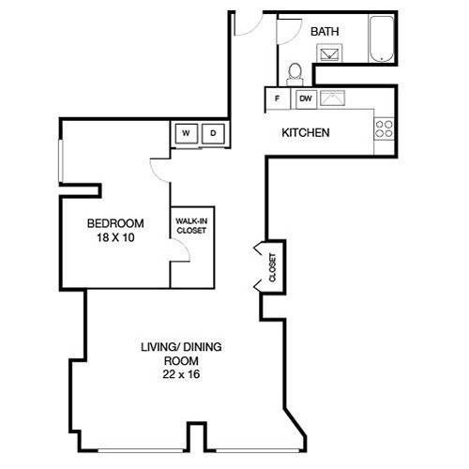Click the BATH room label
(325, 32)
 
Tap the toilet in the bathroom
(295, 74)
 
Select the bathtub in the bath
(381, 38)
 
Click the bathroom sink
(329, 53)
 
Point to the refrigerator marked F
(278, 98)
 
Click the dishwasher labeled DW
(306, 98)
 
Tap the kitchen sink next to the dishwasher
(333, 98)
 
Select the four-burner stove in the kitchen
(385, 129)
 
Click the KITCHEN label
(306, 133)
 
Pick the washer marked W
(187, 133)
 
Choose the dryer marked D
(213, 133)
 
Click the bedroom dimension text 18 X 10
(115, 237)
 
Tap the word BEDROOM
(115, 223)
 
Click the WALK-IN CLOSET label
(191, 226)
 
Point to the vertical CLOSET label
(272, 267)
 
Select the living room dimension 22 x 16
(181, 374)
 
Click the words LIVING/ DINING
(181, 347)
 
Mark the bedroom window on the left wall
(61, 160)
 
